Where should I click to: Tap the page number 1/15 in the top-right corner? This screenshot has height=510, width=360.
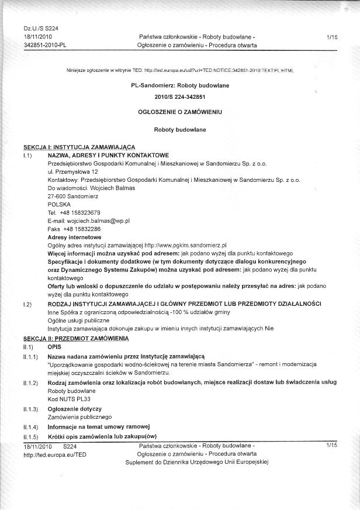333,37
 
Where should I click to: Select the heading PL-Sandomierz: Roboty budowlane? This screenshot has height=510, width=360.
180,85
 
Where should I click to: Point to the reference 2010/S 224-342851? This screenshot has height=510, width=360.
180,97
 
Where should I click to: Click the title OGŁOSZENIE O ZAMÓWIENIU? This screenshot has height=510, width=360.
180,111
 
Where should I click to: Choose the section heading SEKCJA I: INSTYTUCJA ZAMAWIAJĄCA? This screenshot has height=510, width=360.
79,146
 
